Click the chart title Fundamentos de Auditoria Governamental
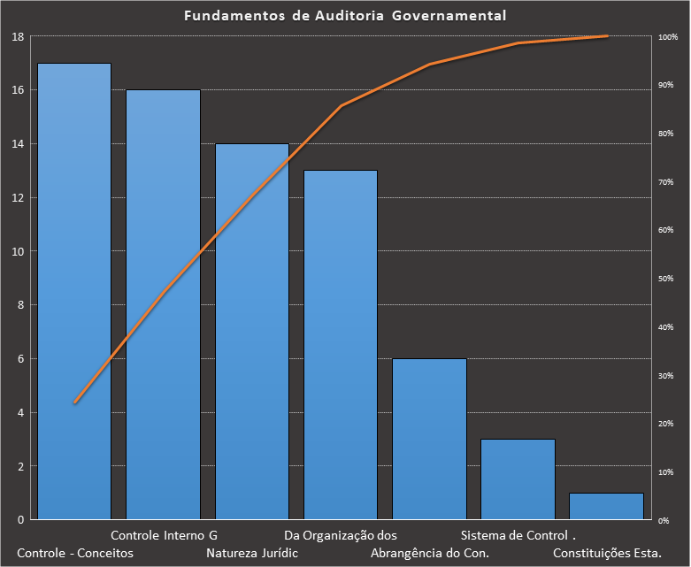pos(345,16)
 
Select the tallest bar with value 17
pos(74,292)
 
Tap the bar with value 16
pos(163,305)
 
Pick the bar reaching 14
pos(252,332)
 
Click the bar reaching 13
pos(341,345)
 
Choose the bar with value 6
pos(429,439)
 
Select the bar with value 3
pos(518,479)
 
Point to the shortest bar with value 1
pos(606,506)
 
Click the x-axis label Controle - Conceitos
pos(74,553)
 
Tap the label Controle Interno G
pos(164,535)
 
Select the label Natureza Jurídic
pos(252,553)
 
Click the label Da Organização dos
pos(341,535)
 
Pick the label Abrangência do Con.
pos(429,553)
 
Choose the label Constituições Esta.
pos(607,553)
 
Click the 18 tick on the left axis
pos(18,36)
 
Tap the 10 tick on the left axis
pos(18,251)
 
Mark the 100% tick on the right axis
pos(668,37)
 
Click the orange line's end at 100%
pos(607,36)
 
